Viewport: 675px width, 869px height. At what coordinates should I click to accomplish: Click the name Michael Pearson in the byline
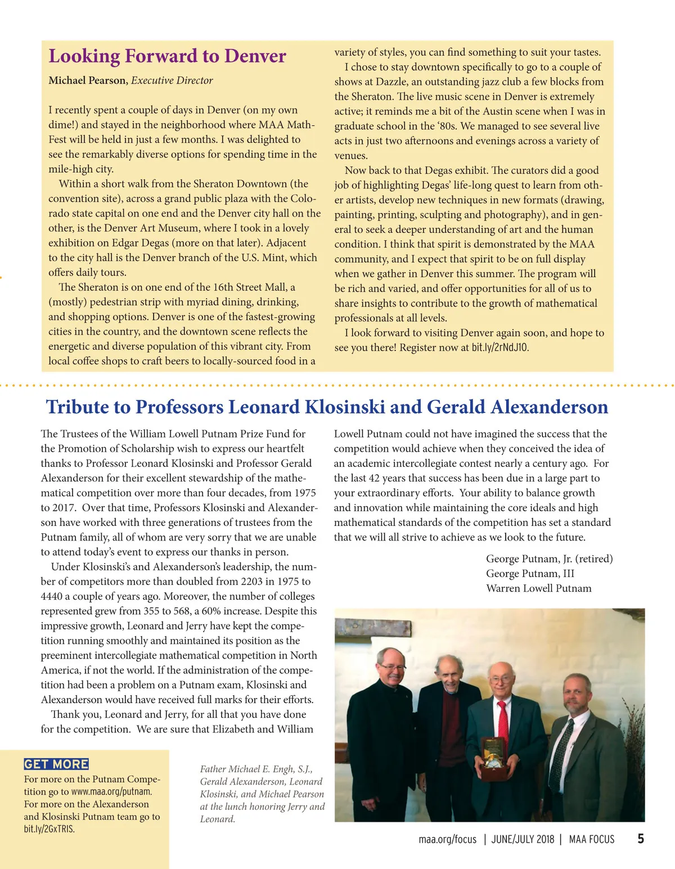click(x=87, y=80)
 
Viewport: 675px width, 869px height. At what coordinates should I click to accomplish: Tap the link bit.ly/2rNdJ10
click(x=499, y=348)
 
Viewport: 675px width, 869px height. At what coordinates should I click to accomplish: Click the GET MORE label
click(x=56, y=764)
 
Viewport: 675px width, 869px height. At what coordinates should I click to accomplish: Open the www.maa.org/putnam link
click(x=111, y=792)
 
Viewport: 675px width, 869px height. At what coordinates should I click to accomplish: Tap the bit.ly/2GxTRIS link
click(x=49, y=829)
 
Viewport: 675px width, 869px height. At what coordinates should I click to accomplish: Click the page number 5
click(x=640, y=839)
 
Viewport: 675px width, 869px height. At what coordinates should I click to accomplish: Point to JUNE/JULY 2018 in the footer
click(x=523, y=840)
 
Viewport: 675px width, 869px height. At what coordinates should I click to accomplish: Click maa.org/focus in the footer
click(x=447, y=840)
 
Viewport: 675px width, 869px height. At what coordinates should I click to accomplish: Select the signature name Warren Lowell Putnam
click(x=538, y=588)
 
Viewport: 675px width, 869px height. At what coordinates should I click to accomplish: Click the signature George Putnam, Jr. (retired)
click(x=549, y=559)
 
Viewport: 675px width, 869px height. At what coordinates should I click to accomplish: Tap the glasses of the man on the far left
click(x=392, y=668)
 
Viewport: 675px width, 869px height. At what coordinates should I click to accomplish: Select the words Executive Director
click(x=172, y=80)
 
